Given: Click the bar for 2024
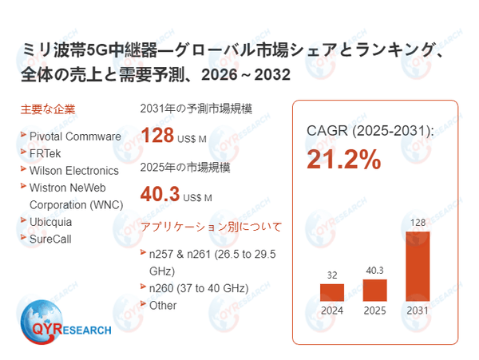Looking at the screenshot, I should (x=332, y=292).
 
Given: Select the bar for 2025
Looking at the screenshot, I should (x=375, y=290).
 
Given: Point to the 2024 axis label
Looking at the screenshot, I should (x=332, y=311).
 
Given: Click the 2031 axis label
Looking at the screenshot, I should (x=418, y=311).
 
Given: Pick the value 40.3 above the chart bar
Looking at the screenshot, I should (x=375, y=271).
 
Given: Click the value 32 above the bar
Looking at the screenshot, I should (x=332, y=275).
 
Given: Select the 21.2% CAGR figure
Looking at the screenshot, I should (x=345, y=160).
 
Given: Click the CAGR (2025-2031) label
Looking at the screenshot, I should (x=370, y=130).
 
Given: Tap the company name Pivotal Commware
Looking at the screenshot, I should (x=75, y=136).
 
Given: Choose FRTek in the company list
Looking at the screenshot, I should (x=46, y=153).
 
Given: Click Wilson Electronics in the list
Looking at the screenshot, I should (x=73, y=170).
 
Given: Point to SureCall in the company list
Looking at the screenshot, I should (x=50, y=239).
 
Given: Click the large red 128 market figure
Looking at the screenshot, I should (x=157, y=135).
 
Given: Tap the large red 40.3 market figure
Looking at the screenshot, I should (x=159, y=195).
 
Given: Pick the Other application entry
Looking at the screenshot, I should (x=163, y=305).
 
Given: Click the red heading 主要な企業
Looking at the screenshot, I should (x=48, y=109).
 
